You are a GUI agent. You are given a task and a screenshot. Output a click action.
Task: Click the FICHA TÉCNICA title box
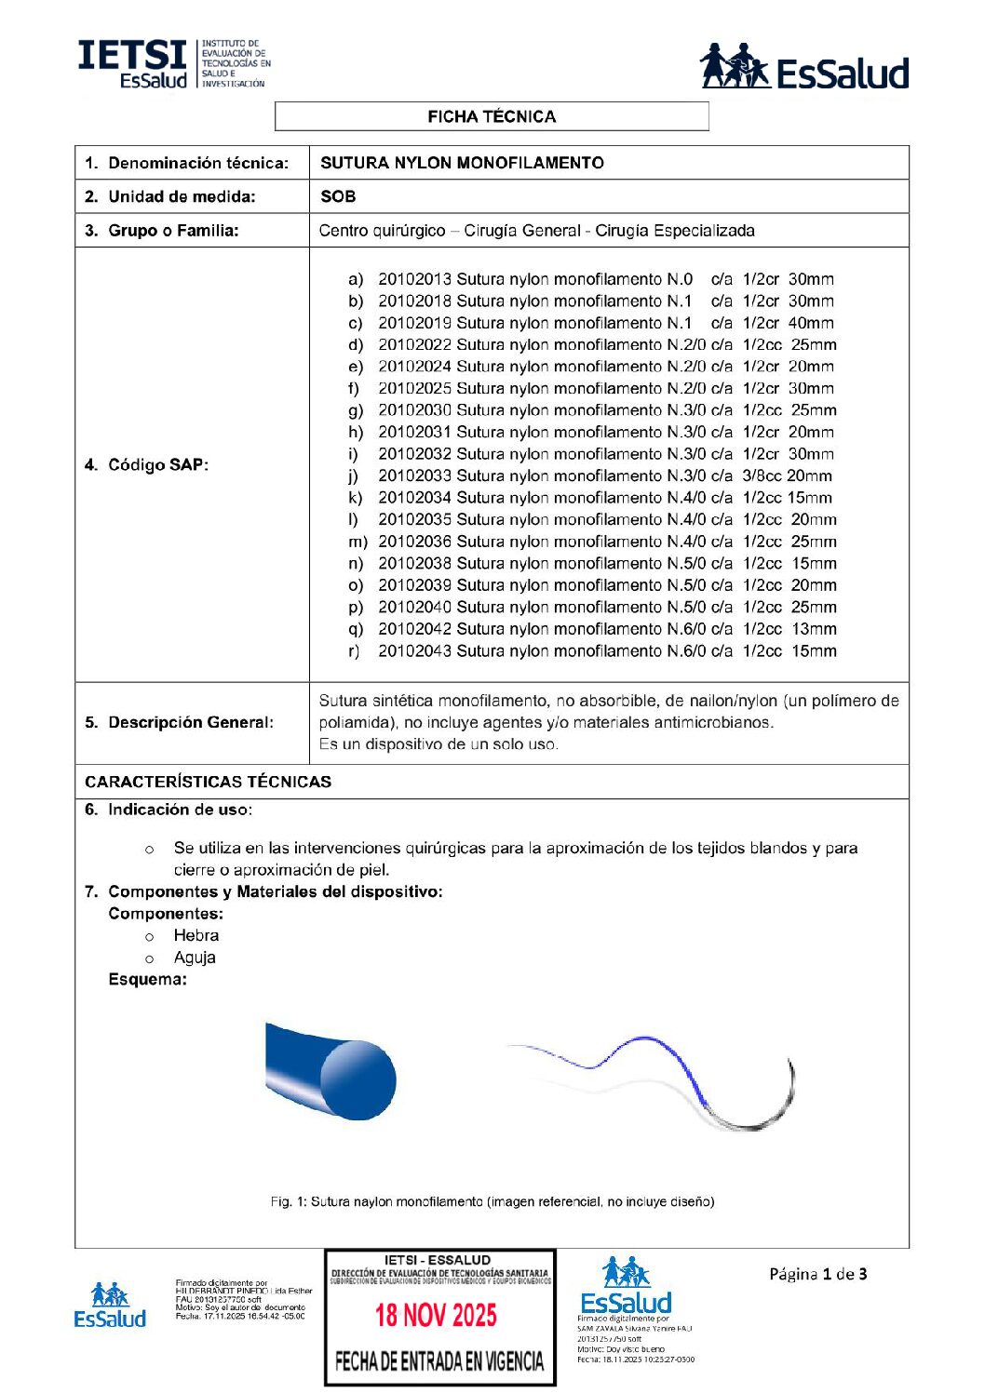(x=492, y=116)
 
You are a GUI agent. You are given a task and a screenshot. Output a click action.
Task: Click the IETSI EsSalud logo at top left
(x=174, y=64)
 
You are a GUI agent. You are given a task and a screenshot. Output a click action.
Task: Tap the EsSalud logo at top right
(x=804, y=67)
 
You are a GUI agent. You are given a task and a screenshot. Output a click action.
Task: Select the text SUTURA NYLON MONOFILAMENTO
(x=462, y=163)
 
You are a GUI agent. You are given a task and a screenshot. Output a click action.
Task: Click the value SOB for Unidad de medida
(x=338, y=196)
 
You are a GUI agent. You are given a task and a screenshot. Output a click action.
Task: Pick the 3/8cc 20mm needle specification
(x=787, y=475)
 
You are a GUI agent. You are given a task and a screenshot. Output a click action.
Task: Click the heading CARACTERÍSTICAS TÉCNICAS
(x=208, y=782)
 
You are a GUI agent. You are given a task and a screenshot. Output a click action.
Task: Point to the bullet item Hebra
(x=196, y=935)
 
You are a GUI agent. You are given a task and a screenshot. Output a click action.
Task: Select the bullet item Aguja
(x=195, y=958)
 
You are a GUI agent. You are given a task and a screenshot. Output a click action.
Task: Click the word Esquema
(x=147, y=979)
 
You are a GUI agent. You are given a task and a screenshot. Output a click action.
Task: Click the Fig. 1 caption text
(x=492, y=1201)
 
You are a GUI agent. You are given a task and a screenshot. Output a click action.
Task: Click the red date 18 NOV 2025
(x=436, y=1315)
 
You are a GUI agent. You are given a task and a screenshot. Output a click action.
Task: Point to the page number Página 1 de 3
(x=817, y=1274)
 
